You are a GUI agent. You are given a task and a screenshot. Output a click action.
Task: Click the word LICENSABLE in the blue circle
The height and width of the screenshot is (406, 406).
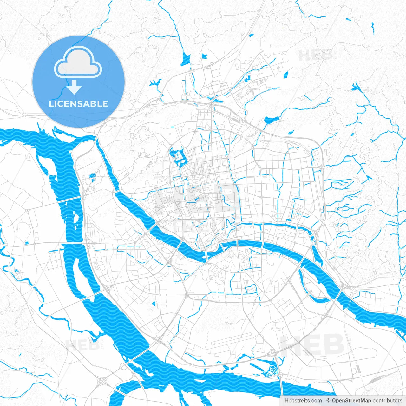78,104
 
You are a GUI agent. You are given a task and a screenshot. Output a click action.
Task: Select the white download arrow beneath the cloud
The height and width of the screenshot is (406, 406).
74,87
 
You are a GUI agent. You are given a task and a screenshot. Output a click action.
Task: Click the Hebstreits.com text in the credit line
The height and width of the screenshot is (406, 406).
303,401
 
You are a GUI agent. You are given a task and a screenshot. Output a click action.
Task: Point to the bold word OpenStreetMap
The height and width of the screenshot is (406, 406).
351,401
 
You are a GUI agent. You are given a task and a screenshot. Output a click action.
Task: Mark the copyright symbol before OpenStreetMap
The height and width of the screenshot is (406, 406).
329,401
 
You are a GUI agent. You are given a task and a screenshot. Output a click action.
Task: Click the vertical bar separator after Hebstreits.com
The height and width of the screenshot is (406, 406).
324,401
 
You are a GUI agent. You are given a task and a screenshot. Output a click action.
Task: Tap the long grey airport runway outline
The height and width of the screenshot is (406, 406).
231,339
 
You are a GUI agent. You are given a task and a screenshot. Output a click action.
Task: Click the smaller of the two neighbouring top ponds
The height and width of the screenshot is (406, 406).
204,57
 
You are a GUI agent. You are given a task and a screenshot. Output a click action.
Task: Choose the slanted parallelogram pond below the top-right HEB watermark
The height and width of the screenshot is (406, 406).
286,75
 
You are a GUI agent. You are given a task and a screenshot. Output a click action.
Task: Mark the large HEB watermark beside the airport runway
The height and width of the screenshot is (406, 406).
312,344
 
